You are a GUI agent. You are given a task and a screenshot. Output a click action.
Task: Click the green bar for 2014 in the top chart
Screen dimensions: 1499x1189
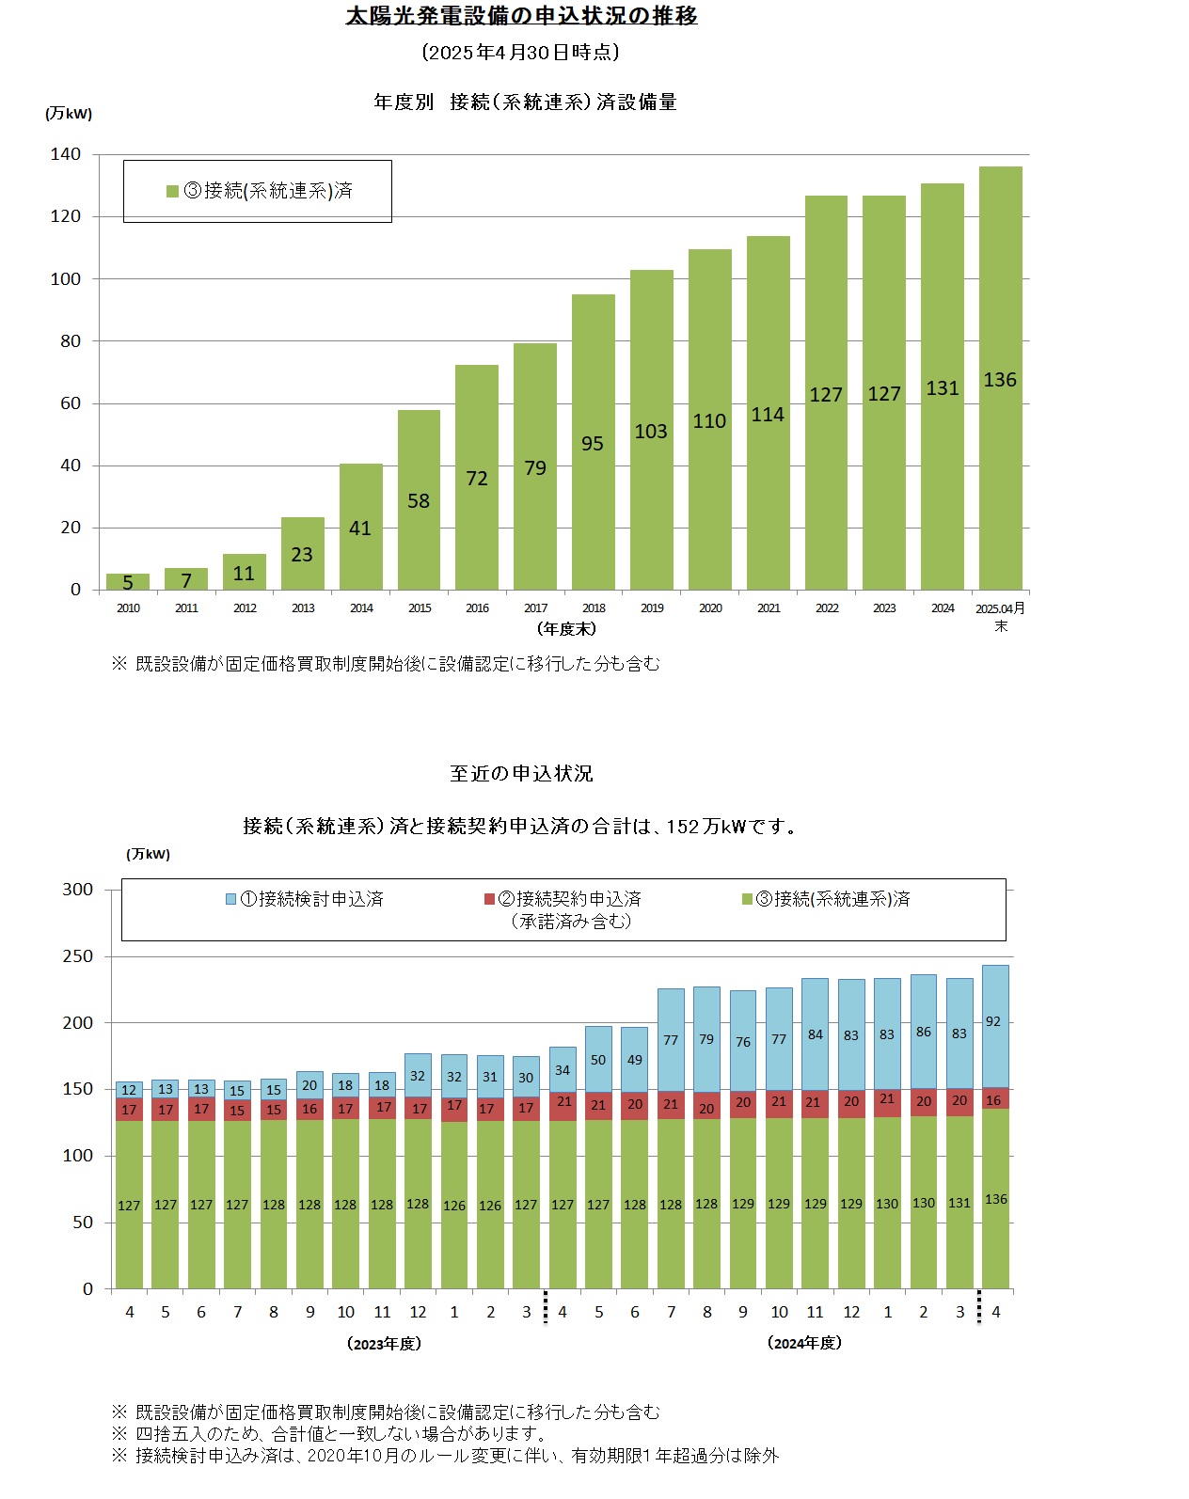(x=360, y=527)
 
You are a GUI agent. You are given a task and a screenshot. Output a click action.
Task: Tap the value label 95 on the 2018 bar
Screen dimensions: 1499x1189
(x=593, y=444)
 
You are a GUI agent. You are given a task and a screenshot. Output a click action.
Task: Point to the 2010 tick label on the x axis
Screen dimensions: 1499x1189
(x=128, y=608)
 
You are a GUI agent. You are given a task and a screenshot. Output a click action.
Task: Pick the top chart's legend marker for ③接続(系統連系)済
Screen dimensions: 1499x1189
(x=172, y=191)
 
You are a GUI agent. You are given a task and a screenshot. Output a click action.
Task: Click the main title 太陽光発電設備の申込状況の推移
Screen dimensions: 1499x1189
(x=521, y=16)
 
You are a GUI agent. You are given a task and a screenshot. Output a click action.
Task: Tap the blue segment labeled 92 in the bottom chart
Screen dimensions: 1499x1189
(x=994, y=1023)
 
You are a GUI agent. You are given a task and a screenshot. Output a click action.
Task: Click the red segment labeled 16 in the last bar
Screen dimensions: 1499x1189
(x=994, y=1098)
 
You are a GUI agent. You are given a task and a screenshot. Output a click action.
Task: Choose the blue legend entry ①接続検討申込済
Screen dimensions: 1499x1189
(x=305, y=899)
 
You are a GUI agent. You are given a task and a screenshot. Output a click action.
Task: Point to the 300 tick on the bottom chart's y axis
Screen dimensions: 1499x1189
(x=78, y=890)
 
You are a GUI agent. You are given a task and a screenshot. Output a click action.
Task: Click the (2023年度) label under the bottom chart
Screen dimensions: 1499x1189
(x=384, y=1344)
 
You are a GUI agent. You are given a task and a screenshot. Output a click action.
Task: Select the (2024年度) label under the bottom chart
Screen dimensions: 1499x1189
(x=804, y=1343)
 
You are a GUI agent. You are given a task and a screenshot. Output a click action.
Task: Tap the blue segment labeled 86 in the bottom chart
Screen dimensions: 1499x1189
(x=923, y=1032)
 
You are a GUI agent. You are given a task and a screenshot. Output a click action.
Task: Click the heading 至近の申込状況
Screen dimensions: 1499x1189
(x=521, y=774)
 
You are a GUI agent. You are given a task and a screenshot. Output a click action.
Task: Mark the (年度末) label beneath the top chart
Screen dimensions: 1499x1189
(x=566, y=628)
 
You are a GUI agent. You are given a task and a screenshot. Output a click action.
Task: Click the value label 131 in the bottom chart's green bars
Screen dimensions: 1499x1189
(x=959, y=1203)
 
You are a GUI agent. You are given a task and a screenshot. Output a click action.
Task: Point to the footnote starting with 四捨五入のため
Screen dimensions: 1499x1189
(x=329, y=1434)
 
